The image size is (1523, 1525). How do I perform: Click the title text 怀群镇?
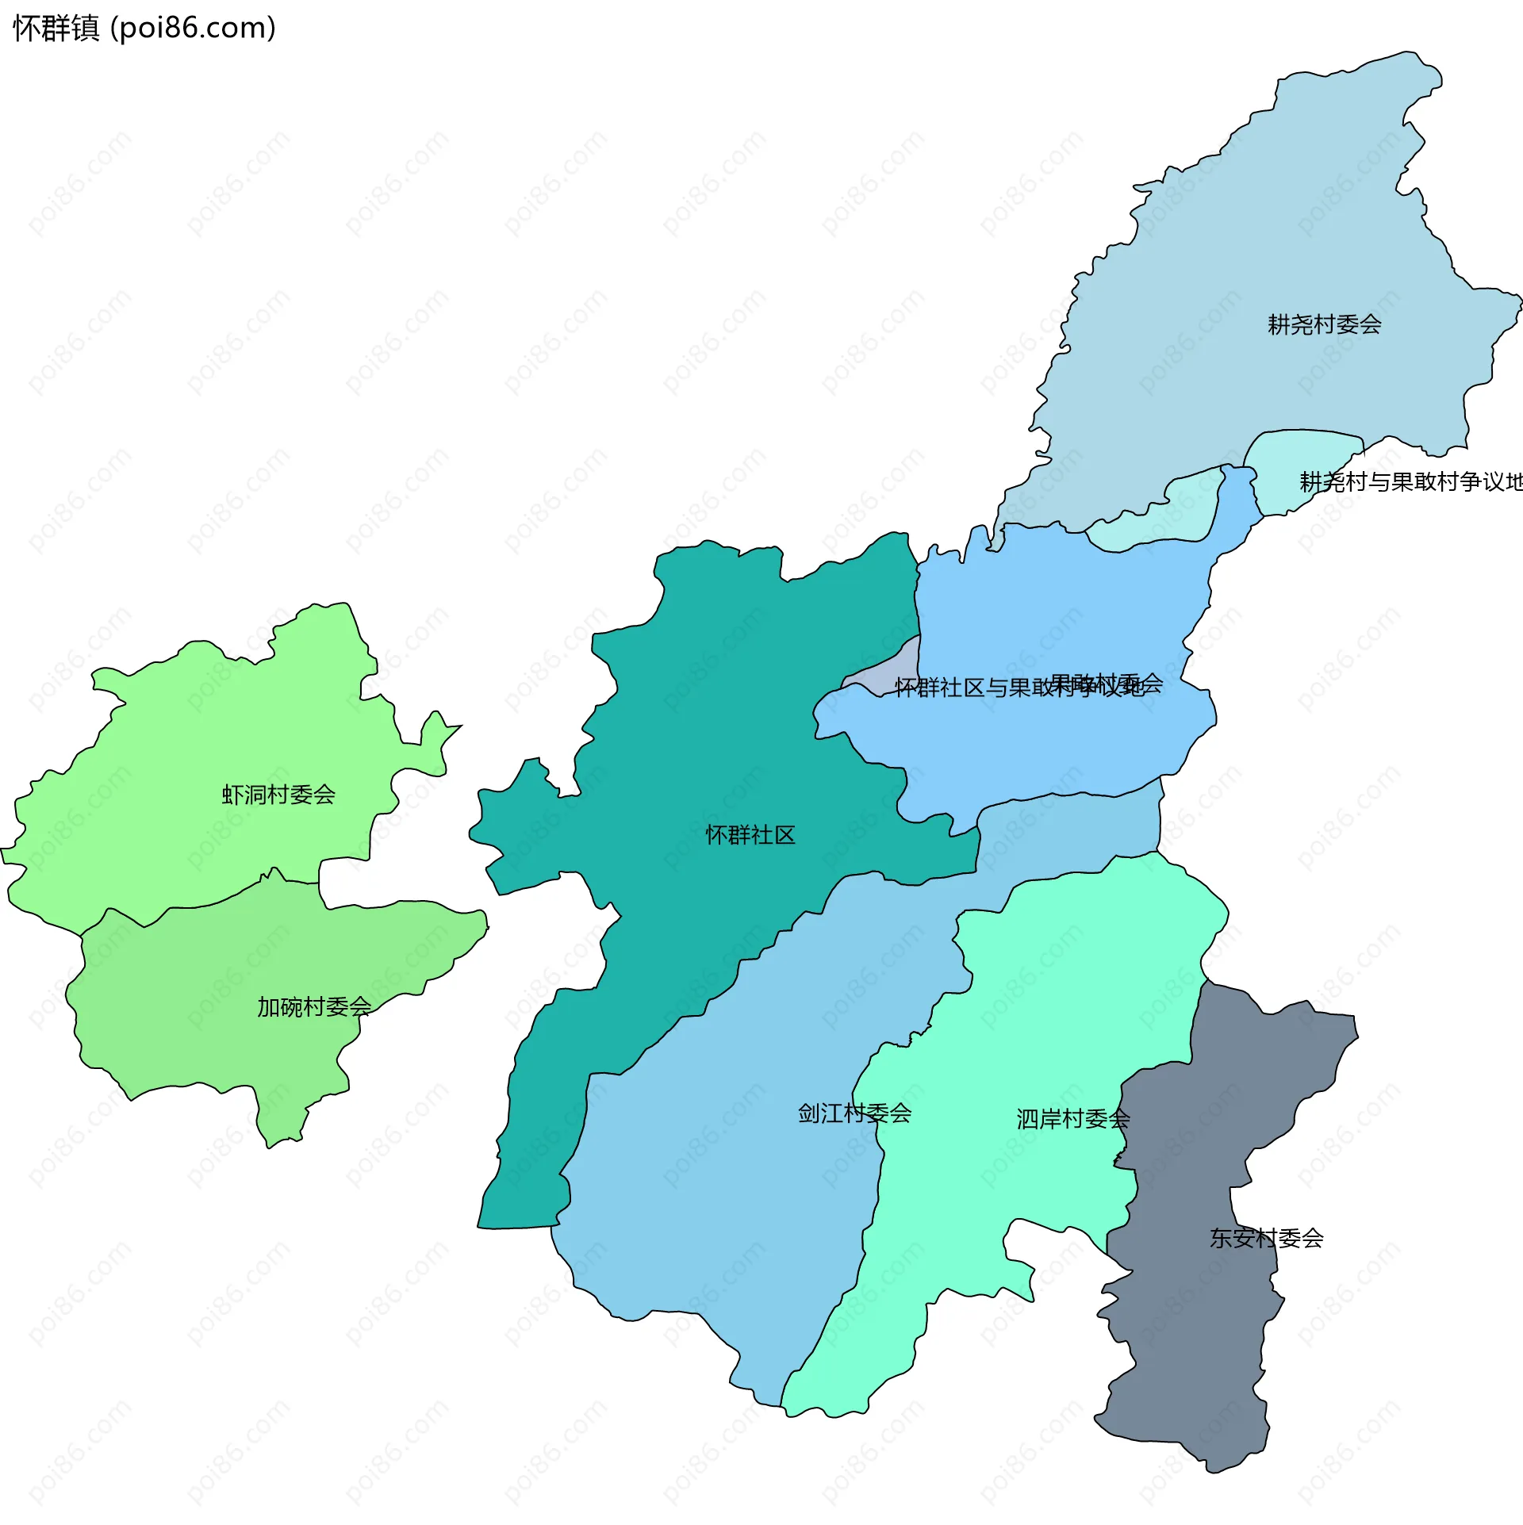(x=56, y=29)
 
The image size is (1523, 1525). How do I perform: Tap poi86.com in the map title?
(x=193, y=29)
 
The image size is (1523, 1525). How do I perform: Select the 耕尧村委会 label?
(x=1324, y=324)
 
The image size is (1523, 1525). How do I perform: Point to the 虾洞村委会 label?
(x=278, y=795)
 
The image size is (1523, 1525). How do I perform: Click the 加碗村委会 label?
(x=314, y=1007)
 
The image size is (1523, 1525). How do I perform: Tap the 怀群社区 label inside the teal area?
(x=750, y=835)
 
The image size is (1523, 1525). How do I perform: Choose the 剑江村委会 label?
(x=854, y=1113)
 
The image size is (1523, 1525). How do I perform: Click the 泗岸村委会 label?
(x=1072, y=1119)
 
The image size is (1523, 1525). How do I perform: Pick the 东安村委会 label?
(x=1266, y=1238)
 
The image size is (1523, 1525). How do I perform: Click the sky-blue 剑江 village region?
(x=714, y=1190)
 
